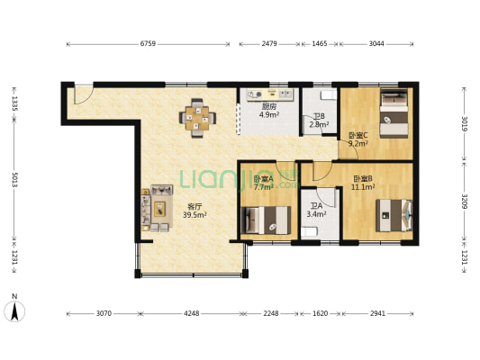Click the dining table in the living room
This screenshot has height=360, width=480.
[x=197, y=118]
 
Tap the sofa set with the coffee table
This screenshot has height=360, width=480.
[x=157, y=208]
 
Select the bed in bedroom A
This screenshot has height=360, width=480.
[x=266, y=220]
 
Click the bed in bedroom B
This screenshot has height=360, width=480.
[x=394, y=215]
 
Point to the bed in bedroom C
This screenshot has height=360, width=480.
[x=394, y=113]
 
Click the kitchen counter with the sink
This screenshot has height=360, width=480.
[x=270, y=94]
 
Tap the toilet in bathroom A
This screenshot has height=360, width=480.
[x=309, y=231]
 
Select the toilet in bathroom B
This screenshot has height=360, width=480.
[x=329, y=95]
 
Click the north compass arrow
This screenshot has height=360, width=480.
[x=14, y=311]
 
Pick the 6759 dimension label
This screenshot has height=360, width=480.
[x=148, y=44]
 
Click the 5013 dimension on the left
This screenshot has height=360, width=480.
[x=14, y=180]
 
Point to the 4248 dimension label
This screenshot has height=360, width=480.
[x=191, y=313]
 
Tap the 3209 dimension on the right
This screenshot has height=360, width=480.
[x=465, y=201]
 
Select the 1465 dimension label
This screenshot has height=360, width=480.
[x=320, y=44]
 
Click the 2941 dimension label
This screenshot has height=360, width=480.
[x=377, y=313]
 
